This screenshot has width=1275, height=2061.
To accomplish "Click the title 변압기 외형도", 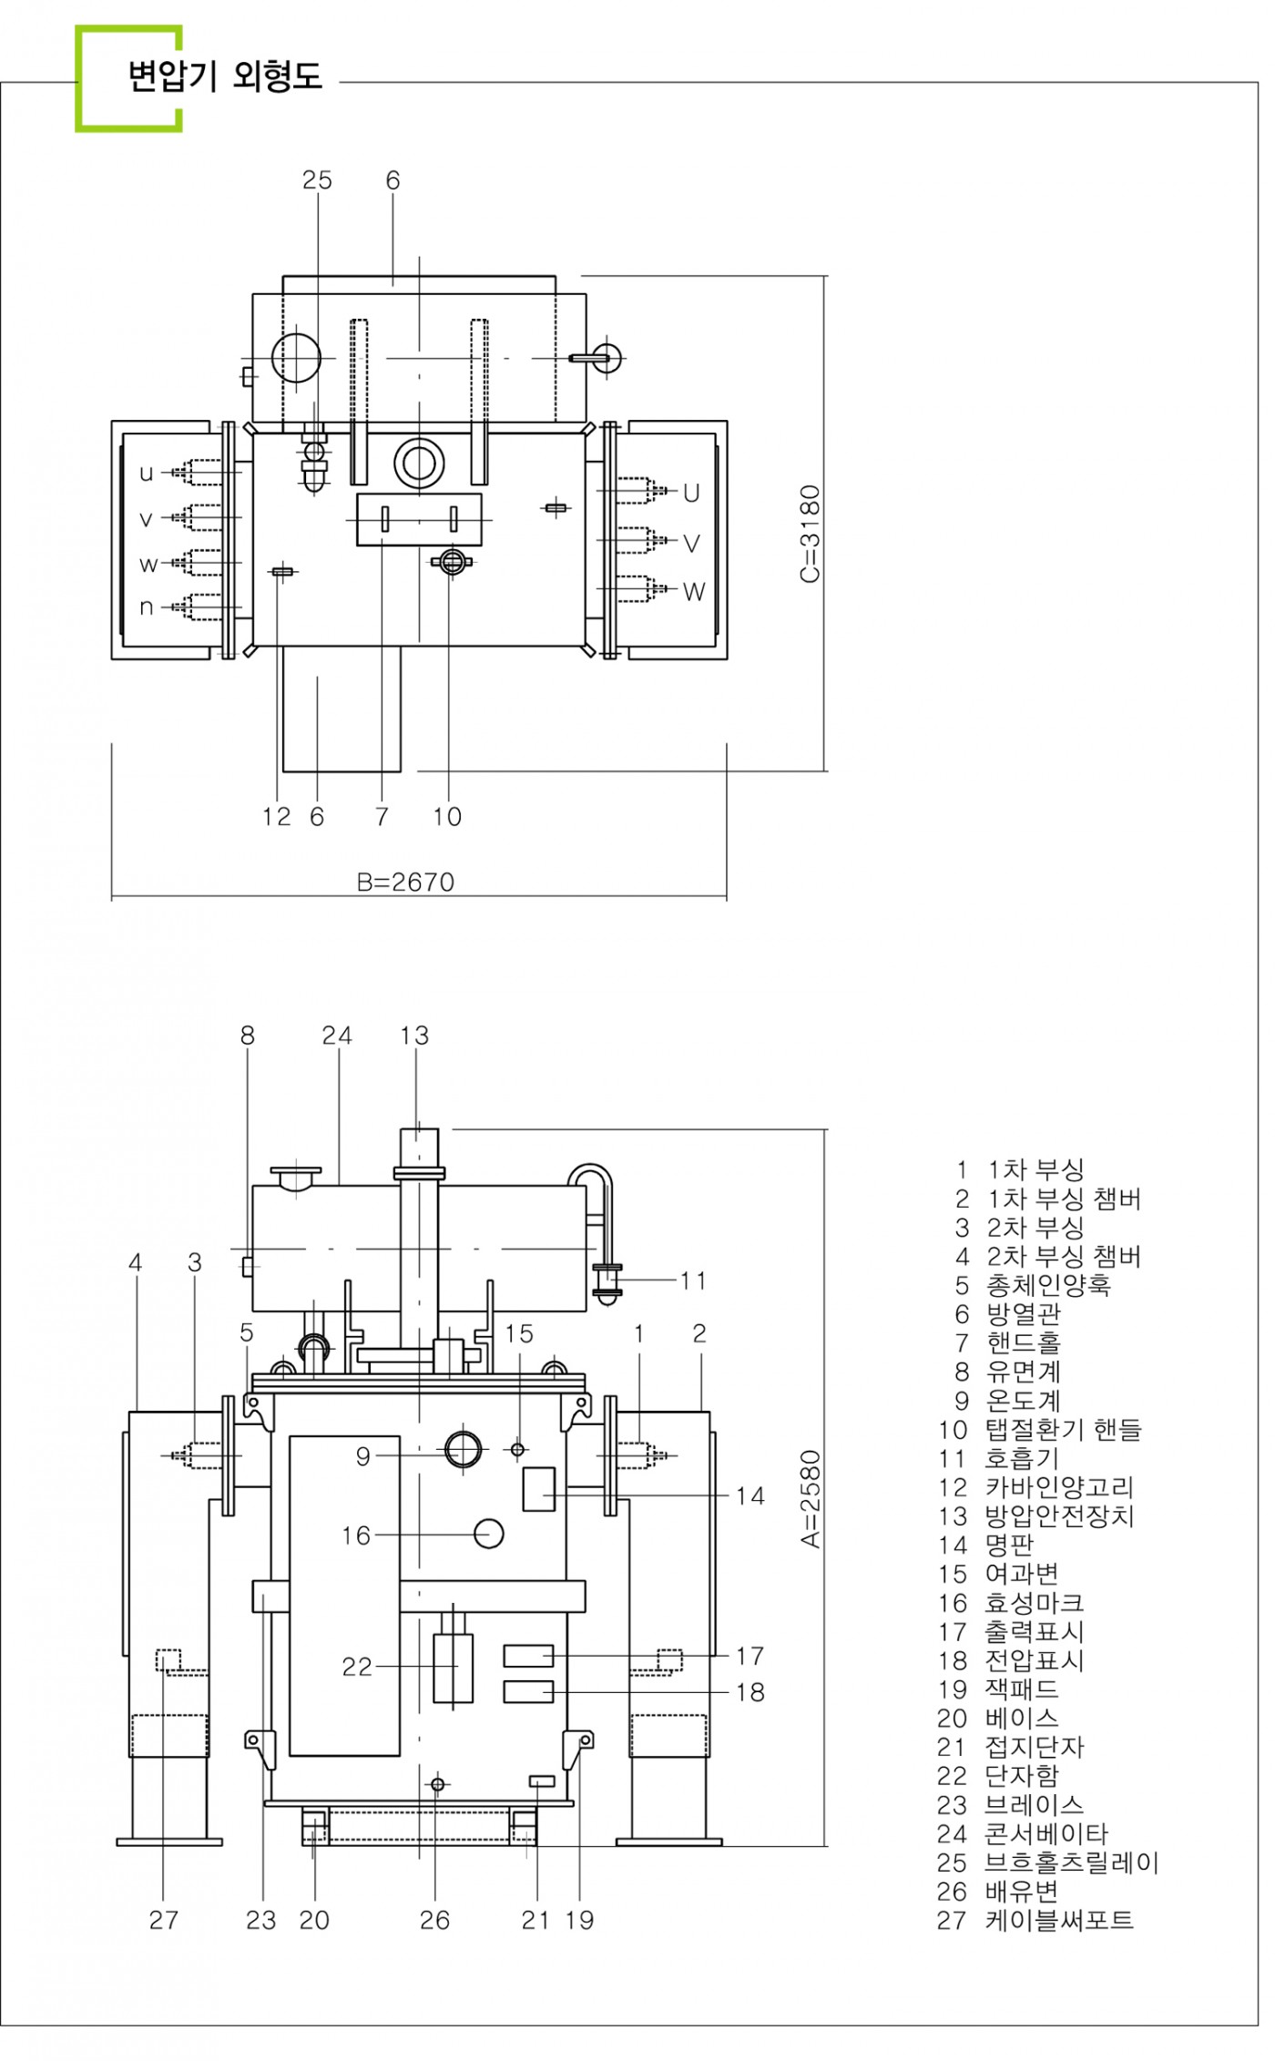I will click(x=225, y=77).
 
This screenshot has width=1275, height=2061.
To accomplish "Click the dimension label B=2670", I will click(x=405, y=882).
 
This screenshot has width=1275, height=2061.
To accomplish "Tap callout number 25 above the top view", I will click(x=317, y=180).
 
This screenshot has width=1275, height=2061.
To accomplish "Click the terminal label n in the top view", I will click(x=146, y=607).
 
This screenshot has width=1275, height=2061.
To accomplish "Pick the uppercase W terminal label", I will click(x=694, y=592).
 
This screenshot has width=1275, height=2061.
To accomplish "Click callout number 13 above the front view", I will click(x=414, y=1036).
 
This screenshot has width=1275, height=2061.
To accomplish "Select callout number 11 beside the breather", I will click(x=693, y=1280).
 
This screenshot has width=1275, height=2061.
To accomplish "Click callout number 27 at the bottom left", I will click(x=164, y=1920).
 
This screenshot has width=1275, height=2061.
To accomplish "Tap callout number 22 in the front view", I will click(x=357, y=1667).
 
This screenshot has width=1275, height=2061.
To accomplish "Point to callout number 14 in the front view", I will click(x=750, y=1495).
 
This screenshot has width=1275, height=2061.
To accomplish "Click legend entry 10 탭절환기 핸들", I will click(x=1039, y=1430).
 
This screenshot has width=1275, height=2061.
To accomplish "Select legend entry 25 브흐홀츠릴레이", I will click(x=1047, y=1862).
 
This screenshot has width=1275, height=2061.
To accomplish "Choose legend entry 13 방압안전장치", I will click(x=1036, y=1516).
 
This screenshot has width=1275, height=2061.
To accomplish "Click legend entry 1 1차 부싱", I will click(x=1020, y=1170).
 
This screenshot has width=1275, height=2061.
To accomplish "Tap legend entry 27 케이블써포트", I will click(x=1035, y=1921).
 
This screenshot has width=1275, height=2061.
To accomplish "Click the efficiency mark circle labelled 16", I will click(x=489, y=1534).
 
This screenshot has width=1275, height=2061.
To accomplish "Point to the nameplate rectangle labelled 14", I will click(x=538, y=1489).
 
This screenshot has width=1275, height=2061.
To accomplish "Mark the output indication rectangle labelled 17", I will click(x=528, y=1655).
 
